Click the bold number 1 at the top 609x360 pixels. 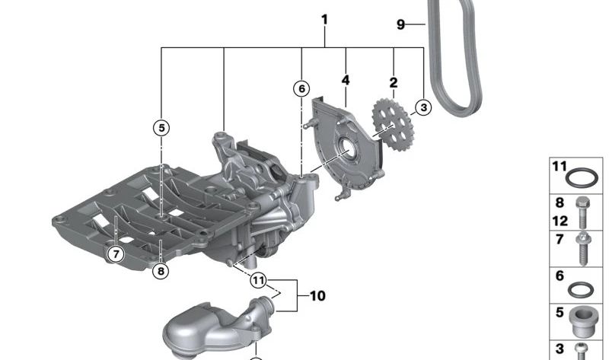tap(324, 19)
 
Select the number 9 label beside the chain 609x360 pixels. tap(401, 24)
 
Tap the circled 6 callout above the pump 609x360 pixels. tap(301, 89)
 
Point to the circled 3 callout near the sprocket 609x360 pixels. tap(422, 107)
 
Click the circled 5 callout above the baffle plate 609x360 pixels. tap(161, 128)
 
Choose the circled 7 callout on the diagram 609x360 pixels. tap(115, 253)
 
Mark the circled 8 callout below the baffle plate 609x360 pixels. tap(161, 269)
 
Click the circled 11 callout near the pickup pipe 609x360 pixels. tap(260, 281)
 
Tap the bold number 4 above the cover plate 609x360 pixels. tap(346, 79)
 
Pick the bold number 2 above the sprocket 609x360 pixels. tap(393, 81)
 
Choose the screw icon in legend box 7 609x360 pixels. tap(585, 249)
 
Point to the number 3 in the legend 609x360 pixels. tap(560, 349)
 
